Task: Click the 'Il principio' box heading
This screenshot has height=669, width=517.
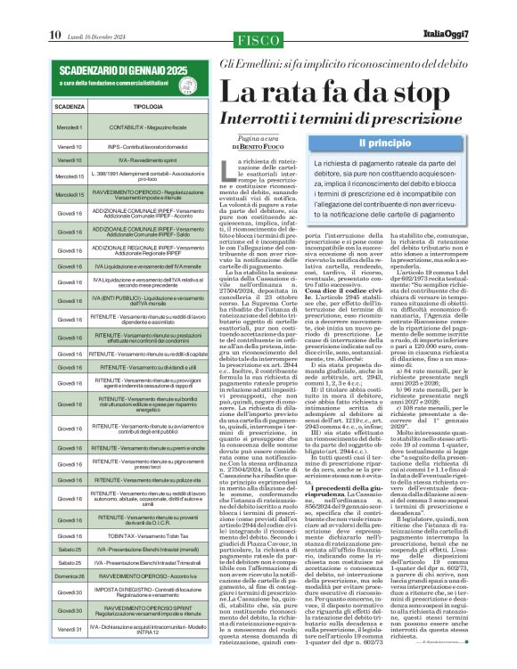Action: tap(383, 143)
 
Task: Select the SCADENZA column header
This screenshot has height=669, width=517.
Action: tap(69, 105)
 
